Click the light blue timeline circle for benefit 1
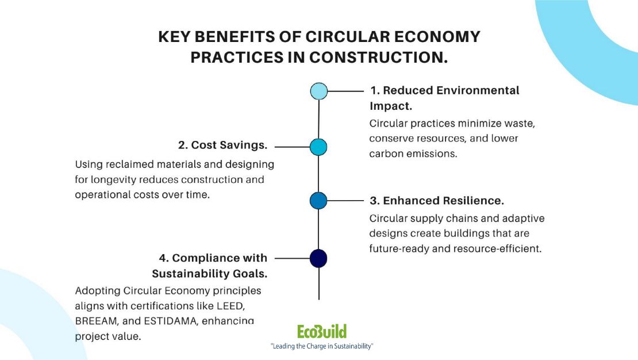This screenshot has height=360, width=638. [318, 91]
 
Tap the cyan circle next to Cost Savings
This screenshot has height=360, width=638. [318, 147]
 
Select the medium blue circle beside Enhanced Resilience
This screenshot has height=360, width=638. [318, 200]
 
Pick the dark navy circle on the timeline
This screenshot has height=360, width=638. [318, 258]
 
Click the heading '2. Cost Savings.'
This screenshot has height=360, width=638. [223, 145]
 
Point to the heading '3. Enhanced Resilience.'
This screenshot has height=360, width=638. [437, 201]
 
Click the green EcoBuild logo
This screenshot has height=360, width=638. [322, 331]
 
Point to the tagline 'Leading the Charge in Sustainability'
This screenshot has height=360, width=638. [322, 346]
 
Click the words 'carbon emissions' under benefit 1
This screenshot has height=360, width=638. [413, 154]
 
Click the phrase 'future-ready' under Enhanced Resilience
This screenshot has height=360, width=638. [397, 248]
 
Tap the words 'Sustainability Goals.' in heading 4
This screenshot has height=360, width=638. [209, 273]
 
